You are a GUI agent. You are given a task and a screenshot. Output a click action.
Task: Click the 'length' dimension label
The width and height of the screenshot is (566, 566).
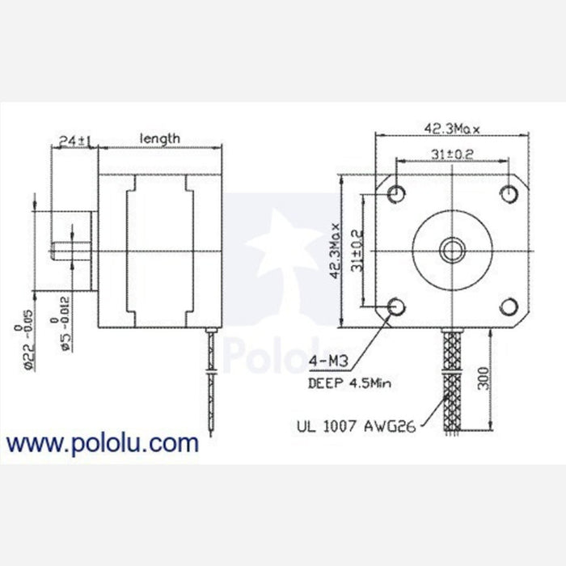pyautogui.click(x=160, y=139)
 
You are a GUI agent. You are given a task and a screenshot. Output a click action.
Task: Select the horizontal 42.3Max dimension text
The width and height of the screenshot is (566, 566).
pyautogui.click(x=453, y=128)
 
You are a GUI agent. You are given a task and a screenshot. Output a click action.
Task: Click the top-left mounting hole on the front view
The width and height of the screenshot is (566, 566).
pyautogui.click(x=396, y=193)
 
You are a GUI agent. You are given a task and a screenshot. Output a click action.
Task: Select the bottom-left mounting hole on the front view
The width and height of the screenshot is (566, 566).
pyautogui.click(x=396, y=306)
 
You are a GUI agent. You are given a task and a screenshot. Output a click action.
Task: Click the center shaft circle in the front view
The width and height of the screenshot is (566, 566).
pyautogui.click(x=453, y=249)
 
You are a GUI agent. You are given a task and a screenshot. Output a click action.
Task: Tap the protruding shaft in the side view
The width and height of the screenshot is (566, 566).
pyautogui.click(x=70, y=249)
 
